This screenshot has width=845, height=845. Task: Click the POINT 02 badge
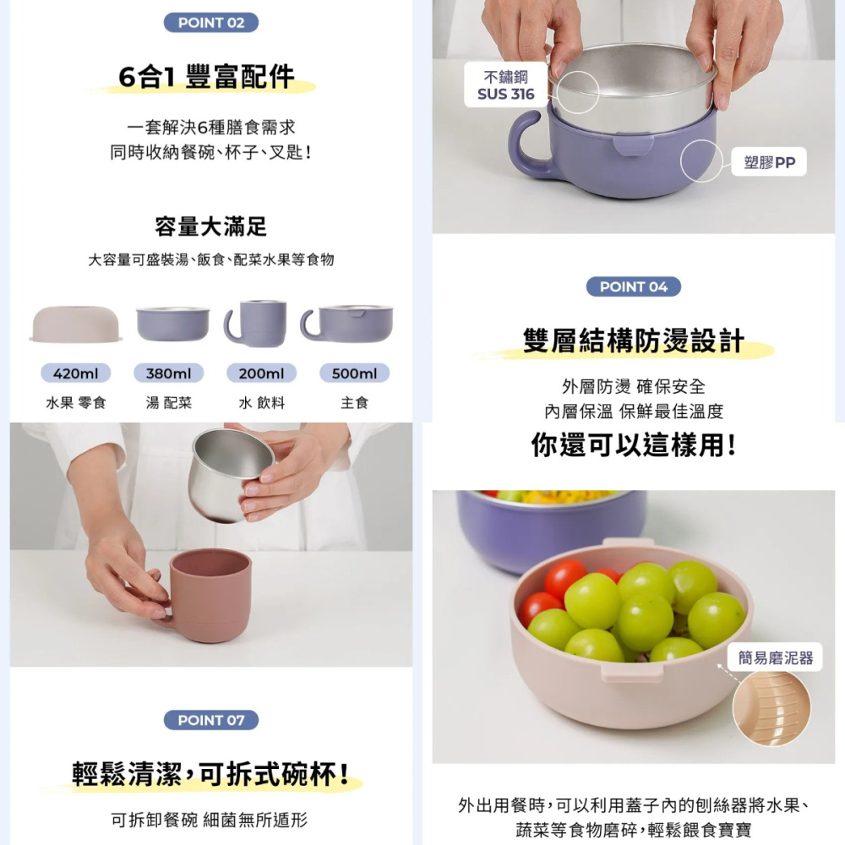coord(211,23)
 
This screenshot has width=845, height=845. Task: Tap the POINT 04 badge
coord(633,286)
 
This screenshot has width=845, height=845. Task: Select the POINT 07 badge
coord(211,720)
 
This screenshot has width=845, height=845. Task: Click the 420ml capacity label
coord(76,373)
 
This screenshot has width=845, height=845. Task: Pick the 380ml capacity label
coord(169,373)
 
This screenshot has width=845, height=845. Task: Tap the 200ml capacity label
coord(261,373)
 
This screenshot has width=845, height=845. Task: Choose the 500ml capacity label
coord(355,373)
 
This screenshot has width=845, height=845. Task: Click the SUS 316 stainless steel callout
coord(505,86)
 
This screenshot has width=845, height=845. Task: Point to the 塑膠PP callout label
coord(770,162)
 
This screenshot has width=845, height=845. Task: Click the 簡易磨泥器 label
coord(775,657)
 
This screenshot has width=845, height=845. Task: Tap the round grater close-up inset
coord(771,708)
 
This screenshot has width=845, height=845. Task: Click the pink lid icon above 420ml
coord(76,324)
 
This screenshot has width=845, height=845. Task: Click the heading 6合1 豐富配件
coord(207,79)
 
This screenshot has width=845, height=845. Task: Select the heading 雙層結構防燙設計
coord(633,341)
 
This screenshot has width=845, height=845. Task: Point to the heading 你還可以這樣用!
coord(633,444)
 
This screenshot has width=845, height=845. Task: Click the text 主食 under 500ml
coord(355,403)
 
